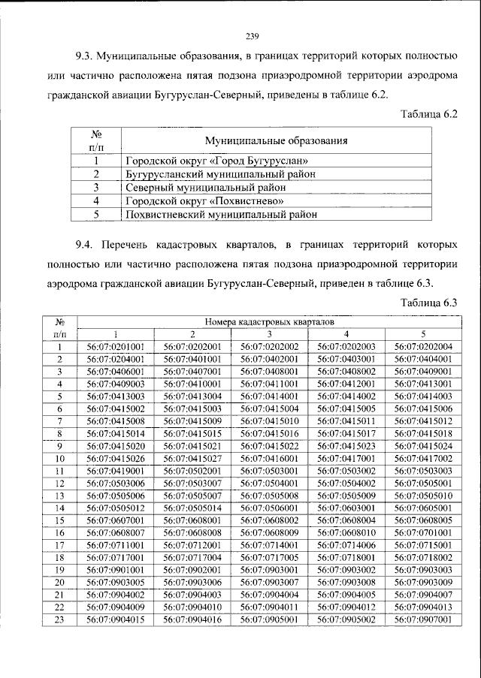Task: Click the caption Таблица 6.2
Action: (x=429, y=113)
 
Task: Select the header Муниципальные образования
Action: (x=277, y=141)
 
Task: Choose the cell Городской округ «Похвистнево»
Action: (x=204, y=200)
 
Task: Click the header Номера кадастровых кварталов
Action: (x=268, y=320)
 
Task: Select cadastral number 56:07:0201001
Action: (x=116, y=346)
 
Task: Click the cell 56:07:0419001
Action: (x=116, y=470)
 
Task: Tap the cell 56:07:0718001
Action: (x=346, y=557)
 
